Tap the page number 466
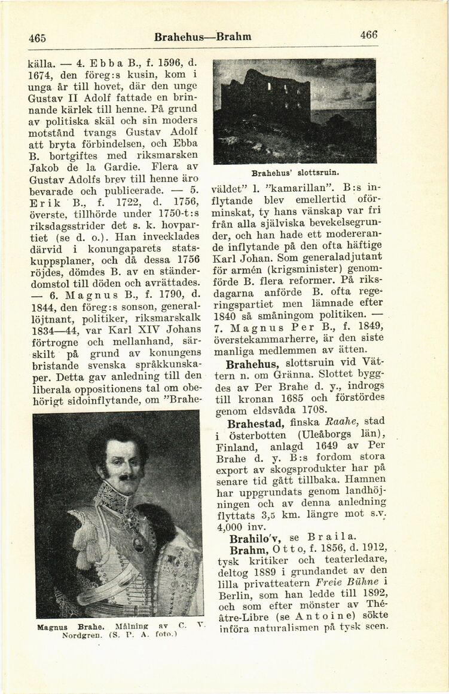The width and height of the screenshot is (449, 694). tap(369, 36)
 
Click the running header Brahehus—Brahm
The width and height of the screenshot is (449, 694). tap(202, 36)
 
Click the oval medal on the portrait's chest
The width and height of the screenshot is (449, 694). tap(138, 544)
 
